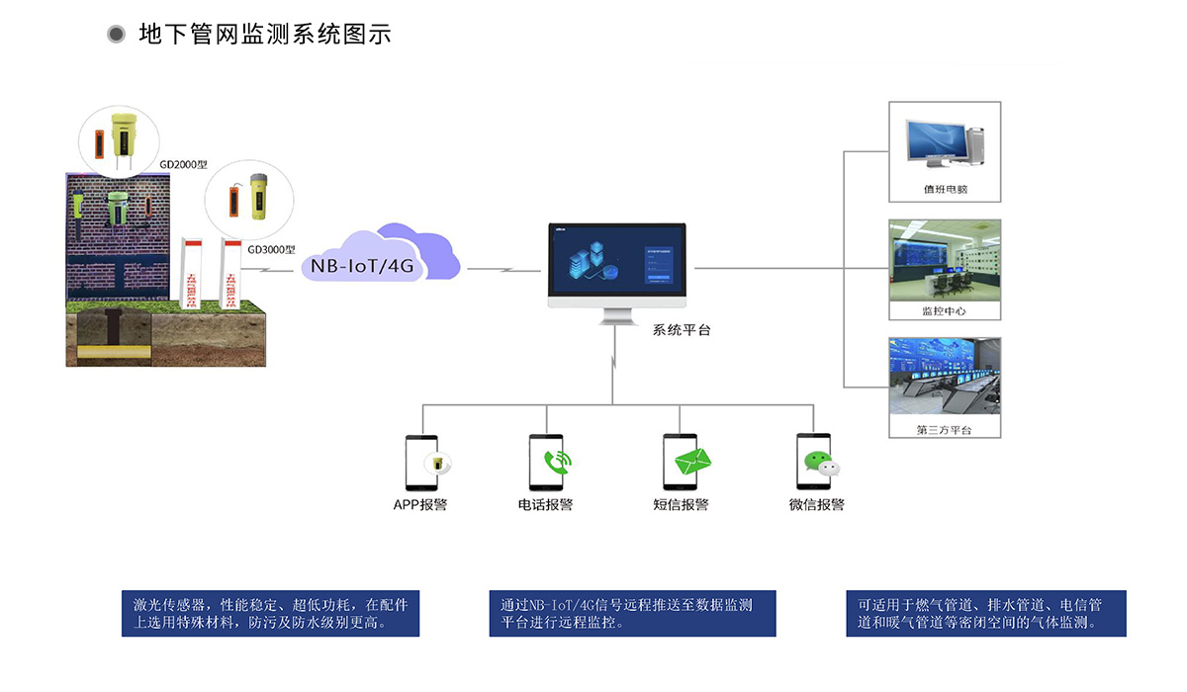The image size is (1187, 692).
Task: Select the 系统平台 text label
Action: coord(682,330)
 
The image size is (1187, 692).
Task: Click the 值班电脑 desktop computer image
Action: coord(945,142)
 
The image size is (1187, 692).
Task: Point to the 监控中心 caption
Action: coord(944,310)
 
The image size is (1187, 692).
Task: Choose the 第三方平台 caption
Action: coord(944,429)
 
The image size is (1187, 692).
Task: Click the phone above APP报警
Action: coord(422,463)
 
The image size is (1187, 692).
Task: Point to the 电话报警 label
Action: coord(545,505)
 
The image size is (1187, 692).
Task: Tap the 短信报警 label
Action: coord(681,505)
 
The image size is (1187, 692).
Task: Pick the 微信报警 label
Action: coord(816,505)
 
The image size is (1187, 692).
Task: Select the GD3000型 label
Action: coord(271,250)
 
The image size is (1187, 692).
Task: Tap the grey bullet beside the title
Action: coord(117,35)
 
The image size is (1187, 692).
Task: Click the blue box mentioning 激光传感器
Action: coord(270,614)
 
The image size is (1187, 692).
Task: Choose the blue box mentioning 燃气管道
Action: coord(985,614)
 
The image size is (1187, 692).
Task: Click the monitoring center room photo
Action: coord(945,261)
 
